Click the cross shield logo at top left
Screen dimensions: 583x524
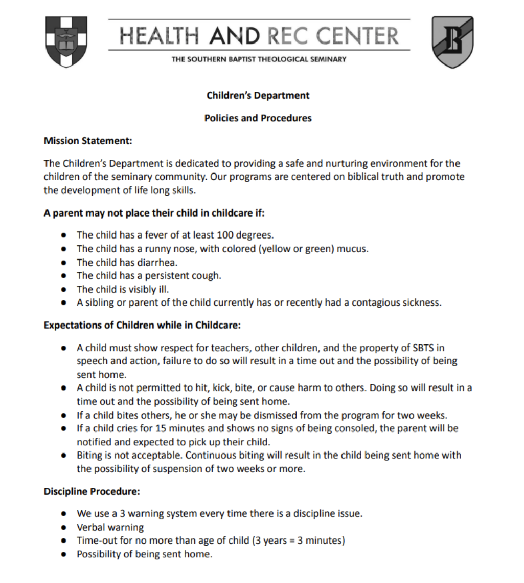(x=66, y=41)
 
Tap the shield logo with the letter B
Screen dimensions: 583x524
(x=452, y=41)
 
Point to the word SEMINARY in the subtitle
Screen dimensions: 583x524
(x=328, y=59)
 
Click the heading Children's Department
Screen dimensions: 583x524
(x=258, y=95)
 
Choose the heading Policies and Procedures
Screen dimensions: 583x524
(x=258, y=118)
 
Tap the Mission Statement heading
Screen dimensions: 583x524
(x=88, y=141)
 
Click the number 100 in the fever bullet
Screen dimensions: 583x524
(x=227, y=235)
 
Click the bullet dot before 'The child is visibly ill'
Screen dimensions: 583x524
(x=63, y=290)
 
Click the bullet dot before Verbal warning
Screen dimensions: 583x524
(x=63, y=527)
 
